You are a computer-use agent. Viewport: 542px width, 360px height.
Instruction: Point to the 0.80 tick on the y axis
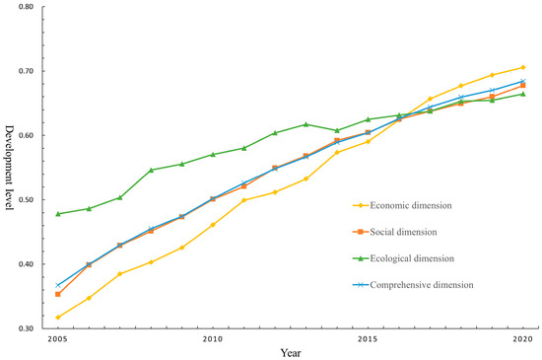[x=25, y=7]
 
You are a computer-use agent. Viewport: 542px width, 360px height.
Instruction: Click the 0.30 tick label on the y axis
[x=25, y=328]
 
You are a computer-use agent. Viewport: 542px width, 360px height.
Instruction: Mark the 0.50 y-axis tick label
[x=25, y=200]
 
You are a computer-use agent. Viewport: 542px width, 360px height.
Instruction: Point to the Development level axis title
[x=9, y=168]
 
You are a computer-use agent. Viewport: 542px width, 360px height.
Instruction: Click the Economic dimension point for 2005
[x=57, y=317]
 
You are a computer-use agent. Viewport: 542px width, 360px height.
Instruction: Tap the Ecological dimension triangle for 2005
[x=57, y=214]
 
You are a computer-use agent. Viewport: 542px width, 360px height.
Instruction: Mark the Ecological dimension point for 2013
[x=305, y=124]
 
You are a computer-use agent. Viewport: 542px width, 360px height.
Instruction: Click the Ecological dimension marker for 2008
[x=151, y=170]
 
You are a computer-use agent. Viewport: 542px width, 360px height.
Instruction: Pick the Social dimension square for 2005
[x=57, y=294]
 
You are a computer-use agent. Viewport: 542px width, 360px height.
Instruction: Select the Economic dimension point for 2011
[x=243, y=200]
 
